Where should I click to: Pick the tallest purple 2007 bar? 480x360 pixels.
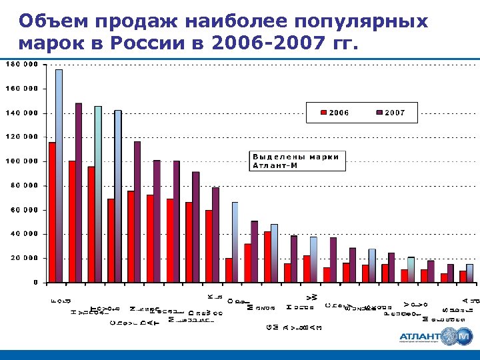pyautogui.click(x=79, y=193)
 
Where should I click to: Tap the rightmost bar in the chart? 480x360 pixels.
pyautogui.click(x=469, y=273)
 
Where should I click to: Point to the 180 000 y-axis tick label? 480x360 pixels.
pyautogui.click(x=23, y=65)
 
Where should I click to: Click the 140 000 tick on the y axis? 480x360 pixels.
pyautogui.click(x=23, y=113)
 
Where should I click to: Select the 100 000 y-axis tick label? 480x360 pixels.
pyautogui.click(x=23, y=161)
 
